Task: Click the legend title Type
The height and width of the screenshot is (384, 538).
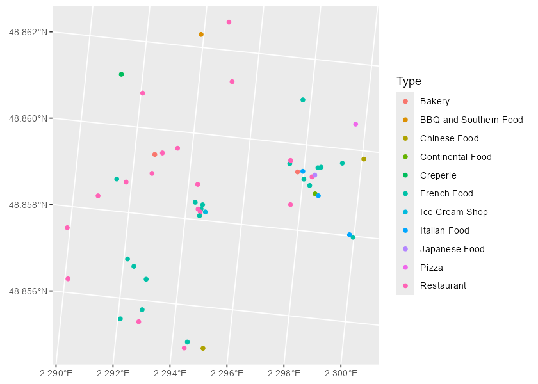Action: point(409,81)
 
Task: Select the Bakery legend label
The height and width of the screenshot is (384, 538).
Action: point(434,101)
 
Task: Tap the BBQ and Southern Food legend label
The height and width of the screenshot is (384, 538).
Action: point(471,120)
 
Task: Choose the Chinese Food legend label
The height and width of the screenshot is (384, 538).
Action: point(449,138)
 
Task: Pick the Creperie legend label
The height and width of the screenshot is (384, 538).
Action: point(438,175)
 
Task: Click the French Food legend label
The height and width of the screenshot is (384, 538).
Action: point(446,194)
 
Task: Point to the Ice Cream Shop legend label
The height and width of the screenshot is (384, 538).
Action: point(453,212)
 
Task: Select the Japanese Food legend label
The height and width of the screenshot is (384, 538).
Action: point(452,250)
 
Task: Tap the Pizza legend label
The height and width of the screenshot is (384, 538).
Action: point(431,268)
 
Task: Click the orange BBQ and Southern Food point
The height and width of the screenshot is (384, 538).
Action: point(201,35)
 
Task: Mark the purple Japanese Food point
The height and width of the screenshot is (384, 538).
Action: point(314,175)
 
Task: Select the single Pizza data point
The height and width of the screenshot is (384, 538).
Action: point(355,124)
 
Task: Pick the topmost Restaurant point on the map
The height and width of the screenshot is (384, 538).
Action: point(229,22)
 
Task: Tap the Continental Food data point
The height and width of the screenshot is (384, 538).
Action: point(314,194)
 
